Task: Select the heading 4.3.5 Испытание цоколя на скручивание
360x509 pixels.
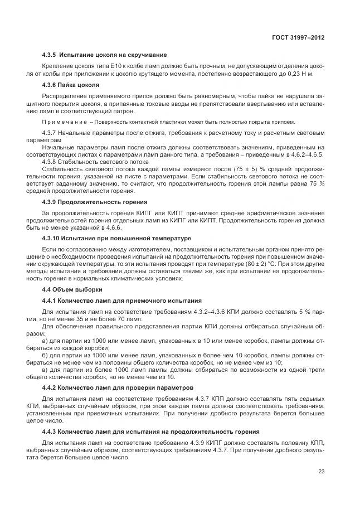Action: (104, 55)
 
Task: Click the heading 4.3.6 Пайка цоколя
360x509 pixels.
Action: (71, 85)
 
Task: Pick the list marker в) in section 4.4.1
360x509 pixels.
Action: (45, 369)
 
